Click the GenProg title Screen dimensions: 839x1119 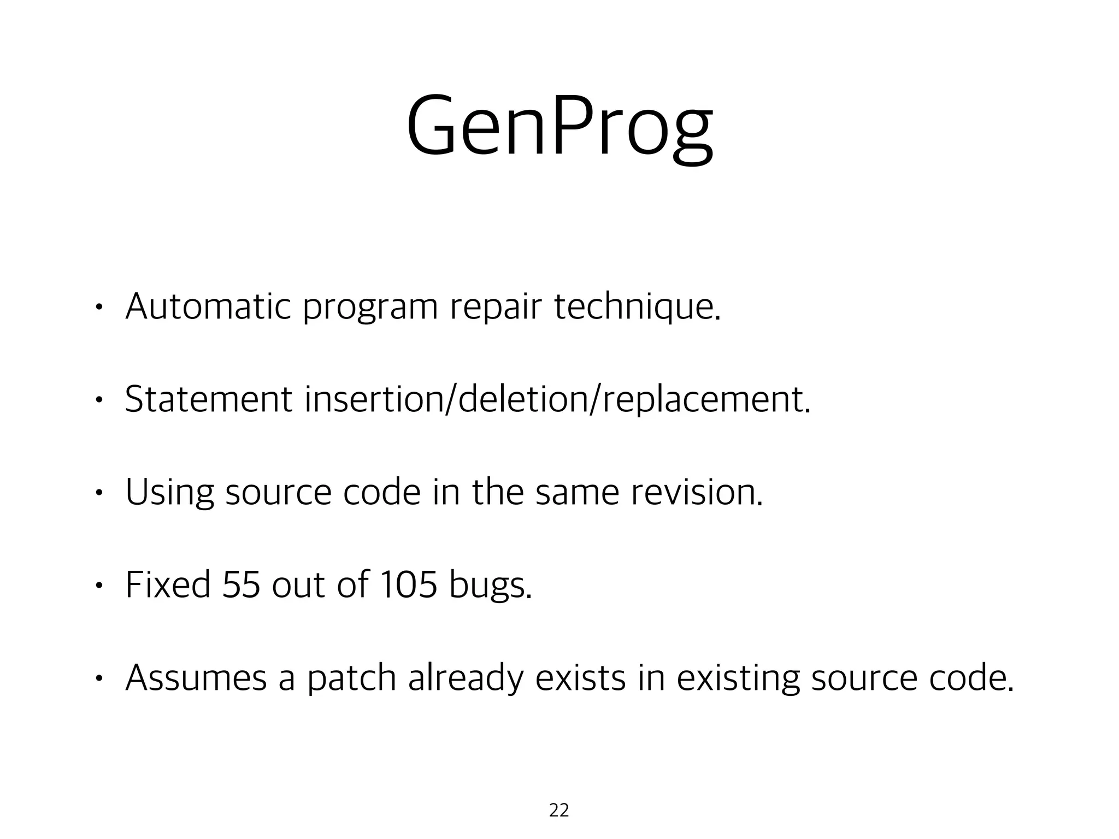[x=559, y=128]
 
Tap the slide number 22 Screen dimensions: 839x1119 [x=558, y=810]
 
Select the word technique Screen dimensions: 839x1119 [x=637, y=308]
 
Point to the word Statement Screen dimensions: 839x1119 [x=208, y=399]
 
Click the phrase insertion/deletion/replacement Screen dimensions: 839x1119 [x=557, y=400]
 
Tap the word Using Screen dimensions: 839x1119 [x=169, y=493]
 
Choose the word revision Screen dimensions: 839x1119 [x=696, y=492]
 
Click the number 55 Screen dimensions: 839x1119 [x=241, y=585]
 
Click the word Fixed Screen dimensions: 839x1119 [x=168, y=585]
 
